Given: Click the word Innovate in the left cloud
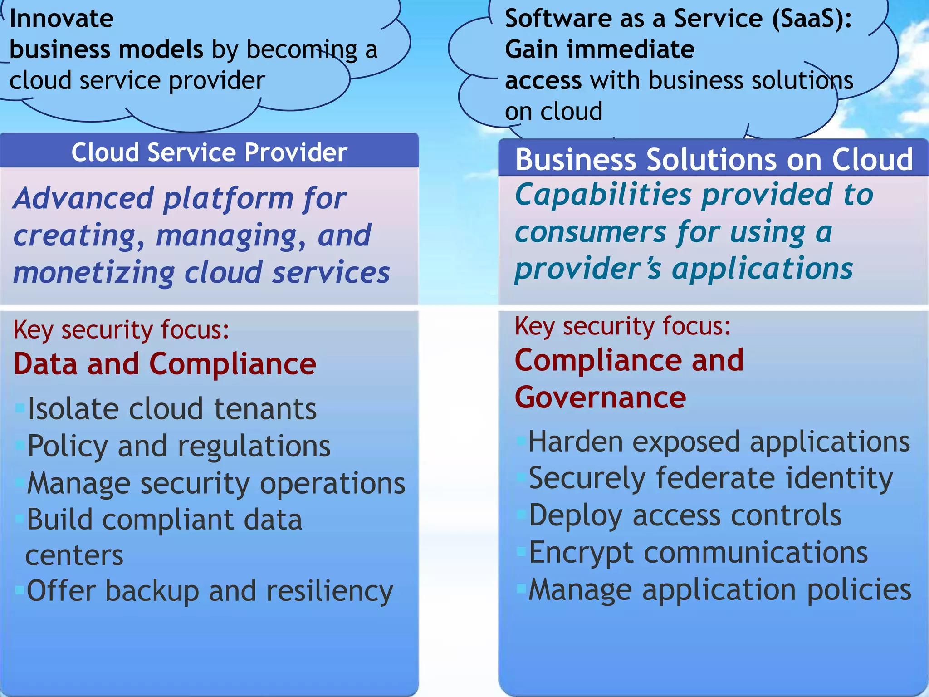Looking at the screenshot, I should pos(62,19).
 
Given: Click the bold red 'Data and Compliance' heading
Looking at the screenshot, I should pos(165,364).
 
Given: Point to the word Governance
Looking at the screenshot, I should pos(600,398).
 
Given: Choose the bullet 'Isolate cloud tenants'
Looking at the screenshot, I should pos(172,409).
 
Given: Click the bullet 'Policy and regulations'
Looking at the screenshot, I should pos(179,446).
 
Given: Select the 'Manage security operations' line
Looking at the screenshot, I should pos(216,483).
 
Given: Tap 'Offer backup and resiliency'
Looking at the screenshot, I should pos(210,591).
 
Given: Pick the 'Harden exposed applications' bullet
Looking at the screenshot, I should pos(719,442).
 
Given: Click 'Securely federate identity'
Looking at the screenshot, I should pos(711,479).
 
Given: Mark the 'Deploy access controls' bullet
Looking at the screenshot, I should pos(685,516).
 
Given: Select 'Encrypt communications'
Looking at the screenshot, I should pos(698,553).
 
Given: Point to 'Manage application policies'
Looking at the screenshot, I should pos(720,590).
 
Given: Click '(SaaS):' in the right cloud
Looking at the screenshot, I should pos(812,19).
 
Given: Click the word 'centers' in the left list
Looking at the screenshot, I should pos(74,555).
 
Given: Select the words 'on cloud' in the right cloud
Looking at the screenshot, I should pos(553,112).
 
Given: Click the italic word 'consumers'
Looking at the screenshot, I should pos(590,232).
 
